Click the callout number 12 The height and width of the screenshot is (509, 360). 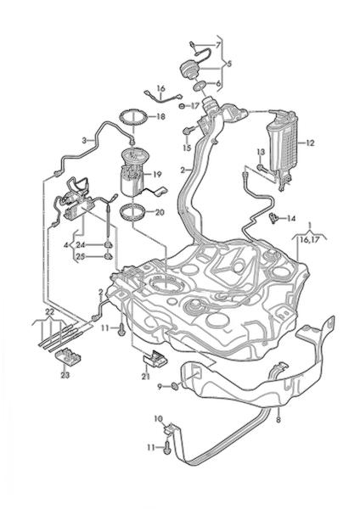tap(310, 143)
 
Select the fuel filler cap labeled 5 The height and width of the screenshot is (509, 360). tap(188, 70)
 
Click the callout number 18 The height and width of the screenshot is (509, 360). tap(160, 116)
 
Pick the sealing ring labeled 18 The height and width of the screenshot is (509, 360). tap(133, 117)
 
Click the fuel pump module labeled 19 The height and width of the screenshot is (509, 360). tap(134, 172)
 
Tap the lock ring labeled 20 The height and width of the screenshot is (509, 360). tap(133, 213)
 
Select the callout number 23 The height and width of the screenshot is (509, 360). tap(65, 375)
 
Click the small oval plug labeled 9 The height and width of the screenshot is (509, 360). tap(175, 386)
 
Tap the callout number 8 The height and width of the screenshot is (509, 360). tap(278, 420)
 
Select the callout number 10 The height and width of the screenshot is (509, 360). tap(158, 419)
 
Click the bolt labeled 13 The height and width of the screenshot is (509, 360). tap(261, 167)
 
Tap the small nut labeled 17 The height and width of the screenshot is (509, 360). tap(183, 106)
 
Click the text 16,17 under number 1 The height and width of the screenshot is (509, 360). tap(309, 240)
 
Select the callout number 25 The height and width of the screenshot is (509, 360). tap(81, 257)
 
